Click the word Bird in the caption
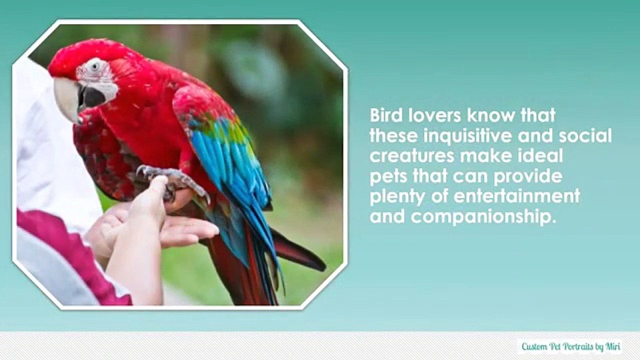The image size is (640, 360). pyautogui.click(x=385, y=115)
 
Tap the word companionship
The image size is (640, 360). pyautogui.click(x=483, y=216)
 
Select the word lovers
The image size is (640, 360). pyautogui.click(x=433, y=115)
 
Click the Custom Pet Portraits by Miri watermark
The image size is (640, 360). pyautogui.click(x=570, y=346)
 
